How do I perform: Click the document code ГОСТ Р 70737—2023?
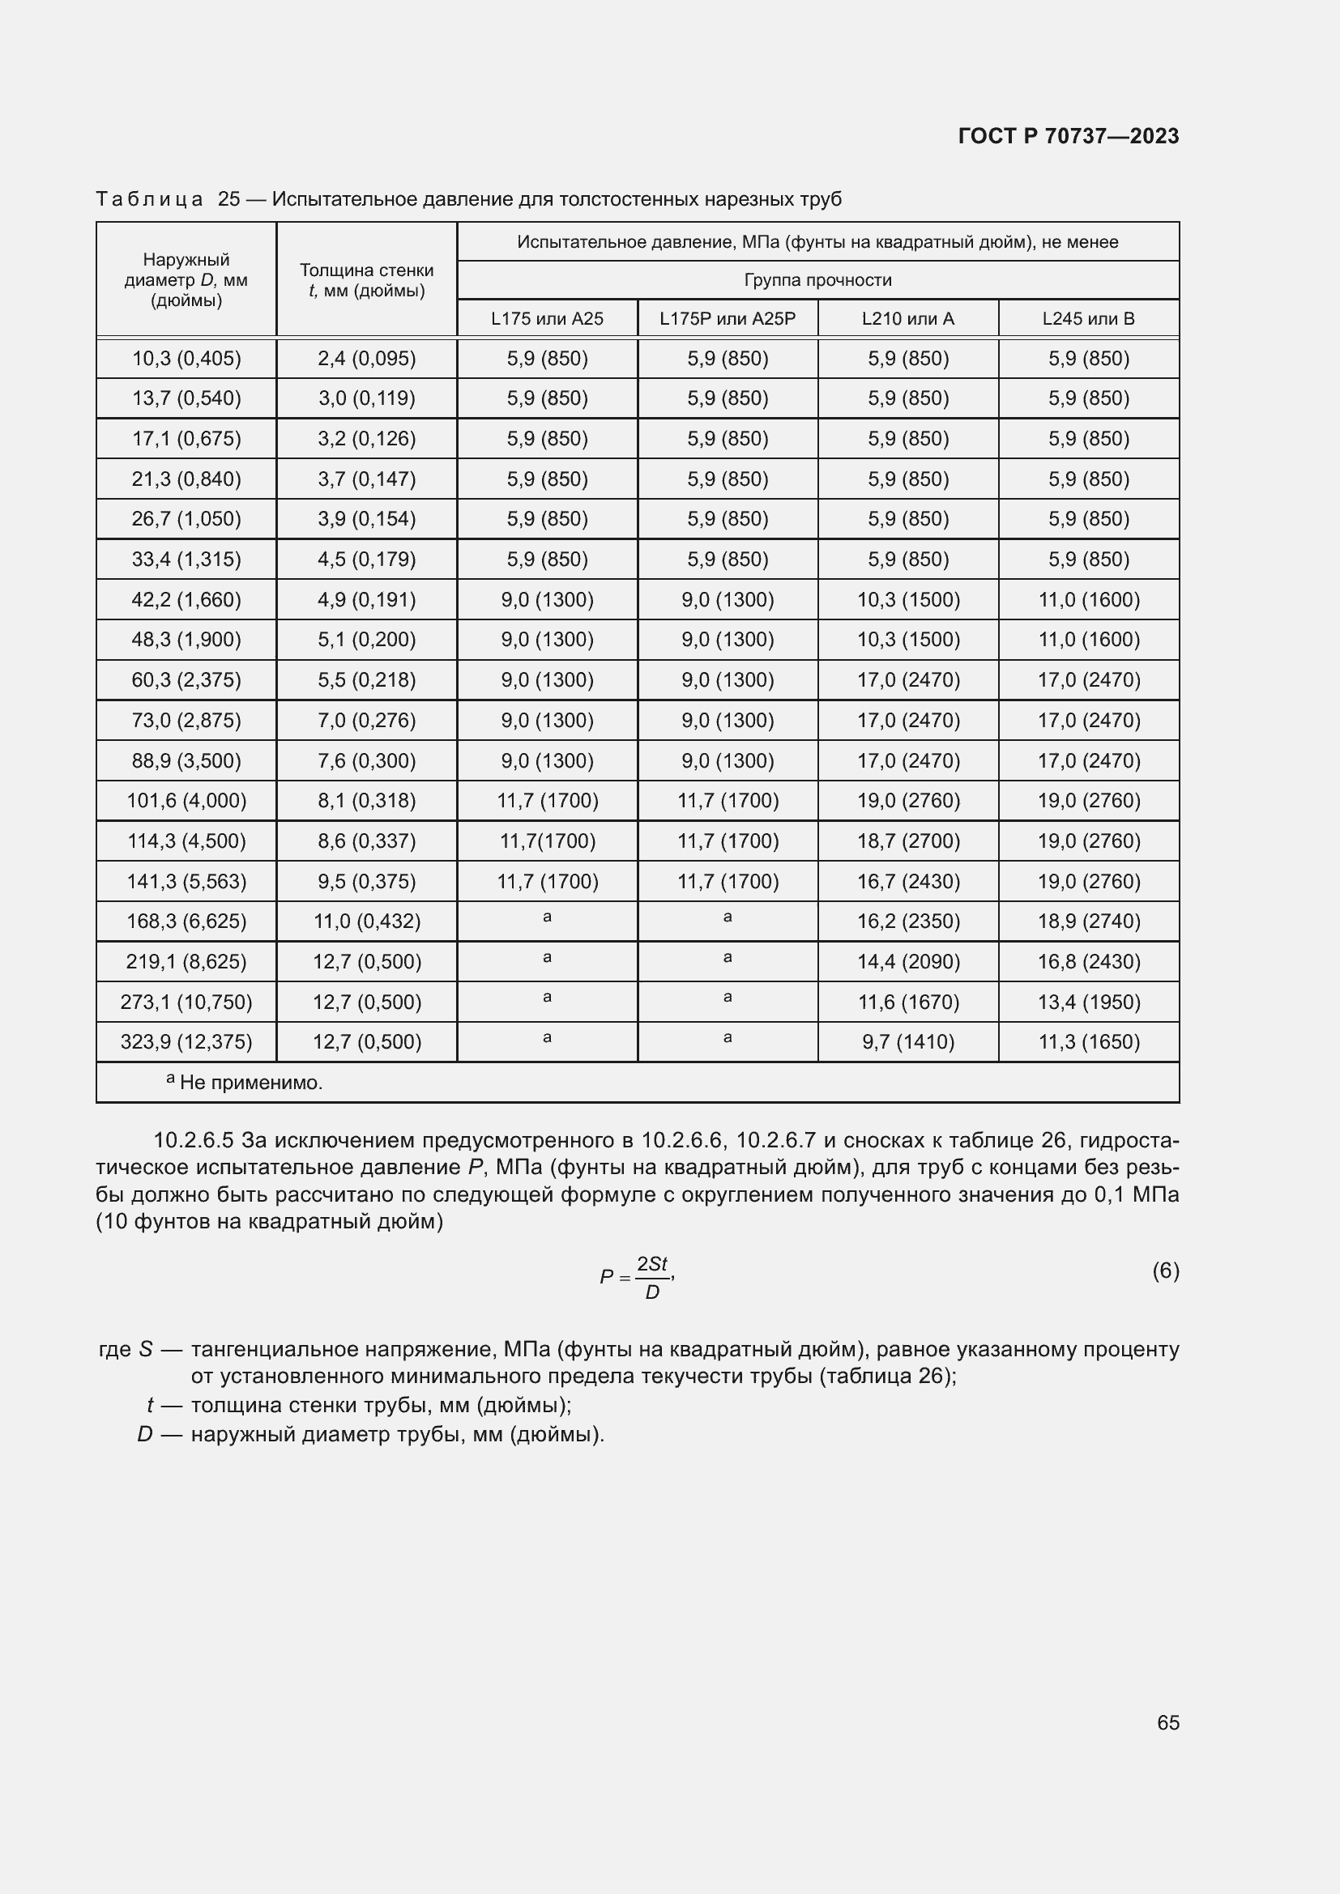click(1069, 136)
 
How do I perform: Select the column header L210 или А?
click(907, 318)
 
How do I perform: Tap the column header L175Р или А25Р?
click(727, 318)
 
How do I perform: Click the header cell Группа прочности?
click(817, 279)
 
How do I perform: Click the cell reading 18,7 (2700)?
click(907, 841)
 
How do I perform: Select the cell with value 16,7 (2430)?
click(907, 881)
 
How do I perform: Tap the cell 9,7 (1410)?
click(907, 1042)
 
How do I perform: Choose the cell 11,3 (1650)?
click(1088, 1042)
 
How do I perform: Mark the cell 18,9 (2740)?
click(1088, 921)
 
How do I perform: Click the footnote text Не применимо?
click(250, 1083)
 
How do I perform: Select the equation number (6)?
click(1165, 1270)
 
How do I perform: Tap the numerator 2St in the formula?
click(651, 1264)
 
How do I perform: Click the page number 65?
click(1167, 1722)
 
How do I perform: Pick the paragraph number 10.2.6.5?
click(194, 1141)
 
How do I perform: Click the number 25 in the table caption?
click(228, 200)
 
